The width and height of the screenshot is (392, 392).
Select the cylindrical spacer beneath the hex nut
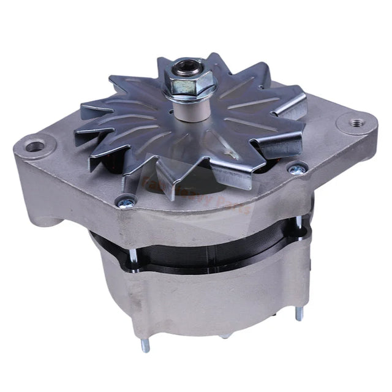(187, 108)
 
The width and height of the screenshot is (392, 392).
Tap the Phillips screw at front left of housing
(127, 202)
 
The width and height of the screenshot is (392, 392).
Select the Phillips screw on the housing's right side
(298, 169)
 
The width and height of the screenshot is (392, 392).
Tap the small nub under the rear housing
(225, 336)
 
